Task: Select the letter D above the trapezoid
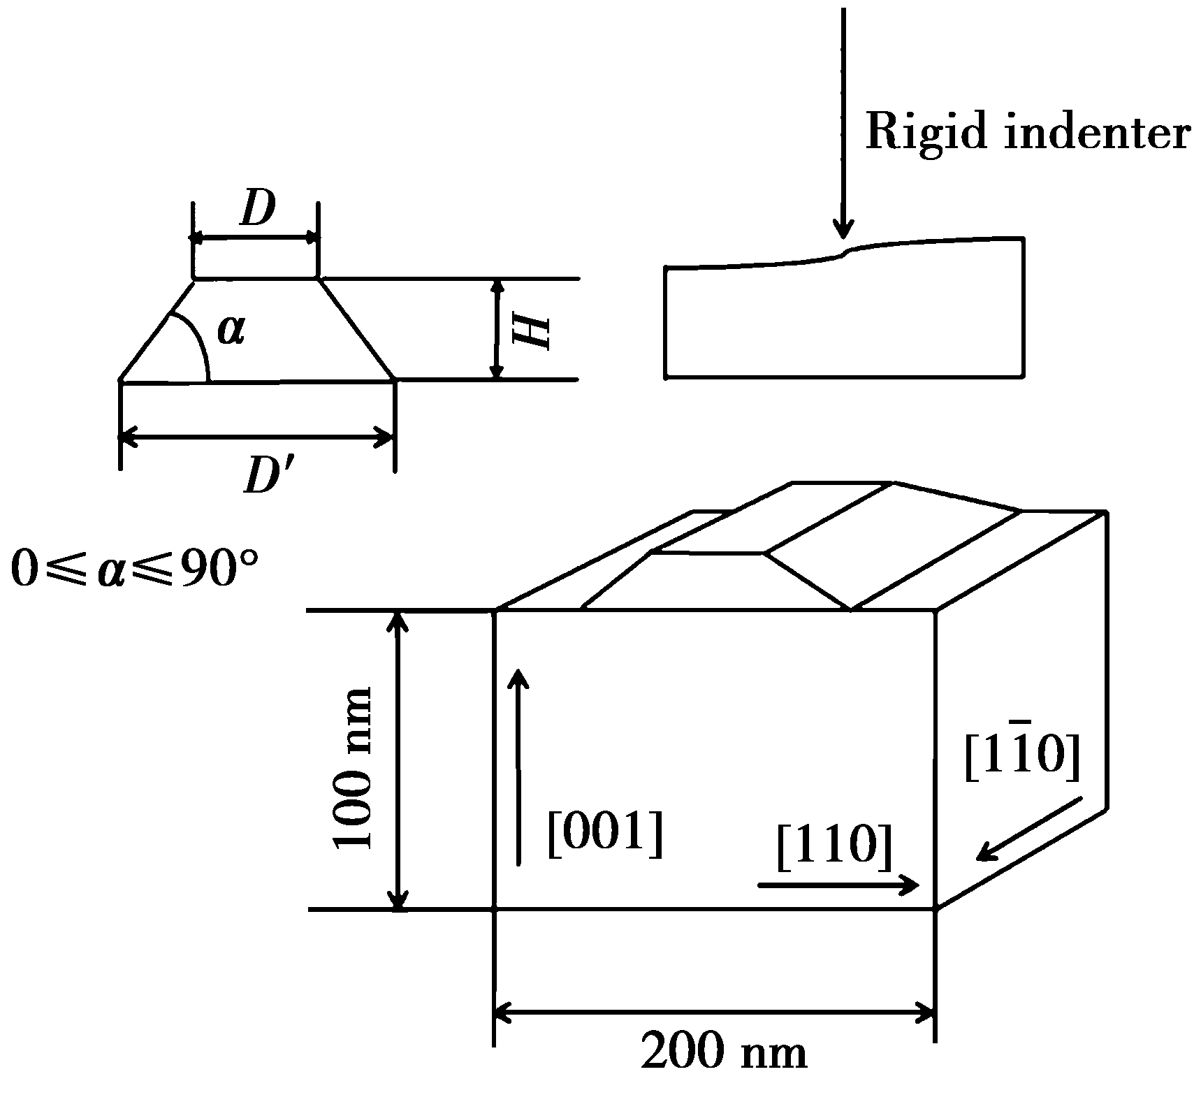click(257, 208)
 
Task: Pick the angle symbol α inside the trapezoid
click(231, 330)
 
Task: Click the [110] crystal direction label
click(835, 847)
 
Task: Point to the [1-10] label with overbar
click(1022, 757)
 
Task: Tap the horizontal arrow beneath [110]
click(838, 885)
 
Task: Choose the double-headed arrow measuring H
click(497, 329)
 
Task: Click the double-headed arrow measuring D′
click(257, 439)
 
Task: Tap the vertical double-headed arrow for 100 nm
click(398, 760)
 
